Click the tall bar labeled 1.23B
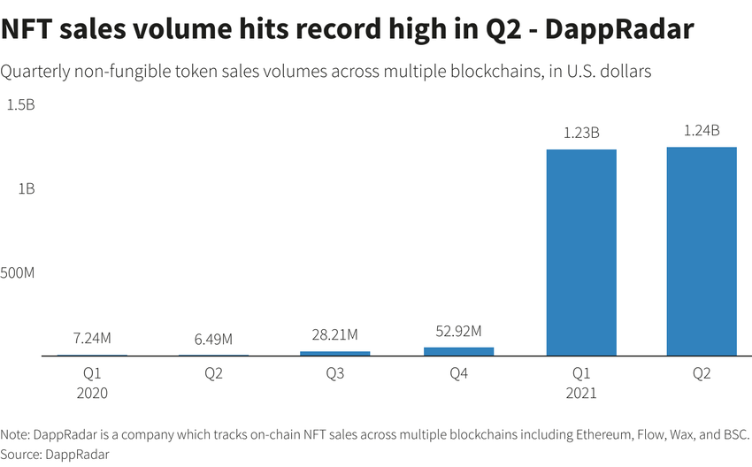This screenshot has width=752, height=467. point(580,252)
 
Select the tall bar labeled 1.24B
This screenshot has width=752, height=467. point(702,251)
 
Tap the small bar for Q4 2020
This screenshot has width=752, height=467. point(458,351)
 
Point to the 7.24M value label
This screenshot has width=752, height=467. point(91,338)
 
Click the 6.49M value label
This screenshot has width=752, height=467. point(213,339)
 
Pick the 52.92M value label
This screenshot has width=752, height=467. point(458,331)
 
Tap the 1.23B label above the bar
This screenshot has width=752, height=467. point(581,134)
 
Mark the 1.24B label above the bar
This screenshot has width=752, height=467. point(702,131)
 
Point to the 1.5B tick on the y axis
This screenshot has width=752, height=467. point(21,105)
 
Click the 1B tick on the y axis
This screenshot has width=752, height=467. point(27,188)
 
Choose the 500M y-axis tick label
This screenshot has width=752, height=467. point(18,272)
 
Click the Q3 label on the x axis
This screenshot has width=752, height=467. point(336,374)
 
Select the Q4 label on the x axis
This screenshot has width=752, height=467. point(458,374)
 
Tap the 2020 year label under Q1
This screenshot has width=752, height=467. point(91,393)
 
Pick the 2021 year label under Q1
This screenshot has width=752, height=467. point(580,393)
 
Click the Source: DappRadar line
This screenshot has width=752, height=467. point(56,454)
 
